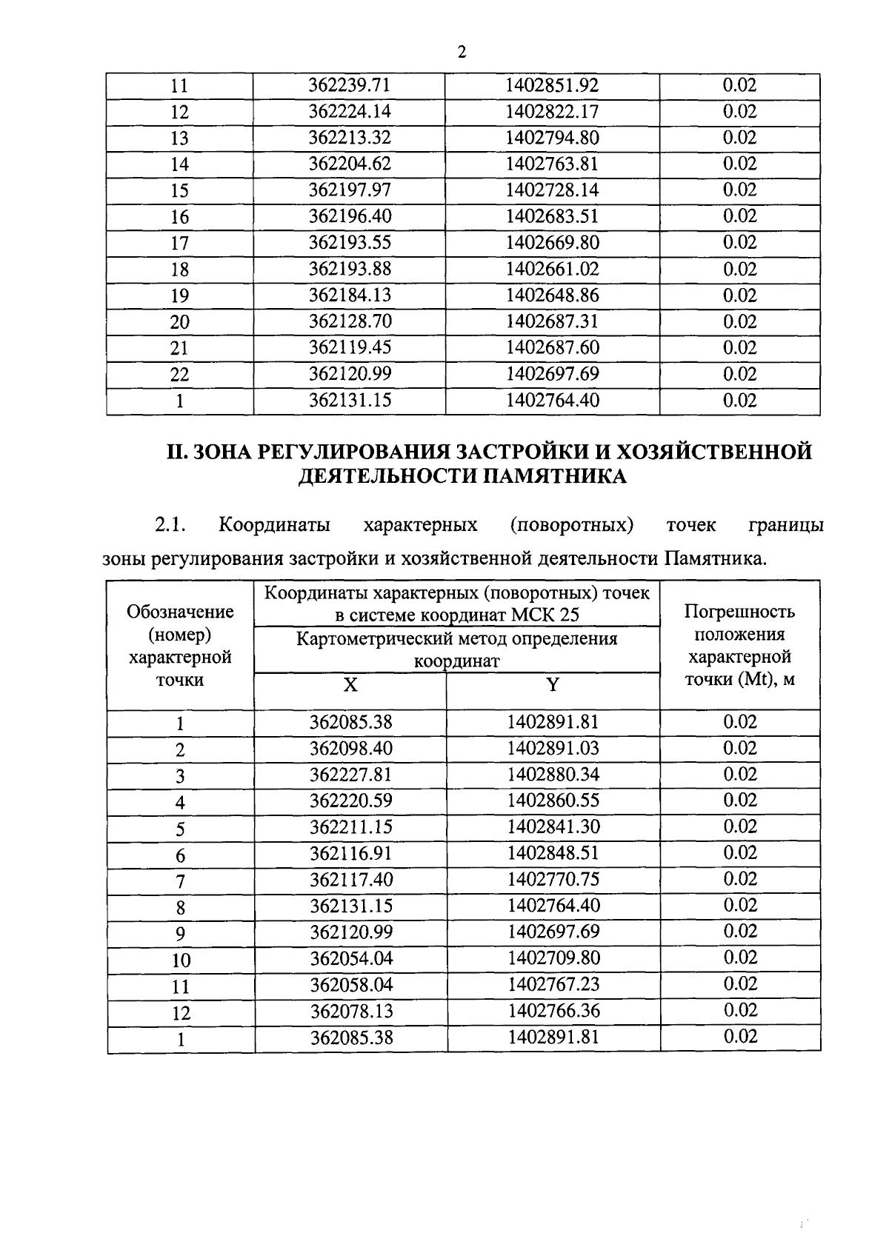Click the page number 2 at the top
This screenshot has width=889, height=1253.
pos(462,52)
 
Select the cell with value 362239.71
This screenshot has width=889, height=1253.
pos(349,86)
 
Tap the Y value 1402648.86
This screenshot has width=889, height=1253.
pos(552,295)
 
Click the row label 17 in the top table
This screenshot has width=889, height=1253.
pos(180,244)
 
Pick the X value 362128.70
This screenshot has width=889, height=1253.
pos(350,321)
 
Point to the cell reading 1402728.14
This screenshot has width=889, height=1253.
pos(552,190)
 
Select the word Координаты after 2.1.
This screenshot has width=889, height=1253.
pos(274,526)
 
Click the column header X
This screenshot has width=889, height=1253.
pos(350,685)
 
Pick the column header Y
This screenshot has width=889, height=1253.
pos(552,685)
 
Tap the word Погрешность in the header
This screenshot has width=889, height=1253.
pos(739,612)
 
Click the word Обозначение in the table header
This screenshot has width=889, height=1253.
pos(180,612)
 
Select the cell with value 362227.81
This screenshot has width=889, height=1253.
pos(350,775)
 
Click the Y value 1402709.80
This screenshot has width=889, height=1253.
pos(553,958)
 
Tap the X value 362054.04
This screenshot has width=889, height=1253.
pos(350,959)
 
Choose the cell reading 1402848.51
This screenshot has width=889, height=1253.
pos(553,853)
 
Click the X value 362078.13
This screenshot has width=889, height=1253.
pos(350,1012)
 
